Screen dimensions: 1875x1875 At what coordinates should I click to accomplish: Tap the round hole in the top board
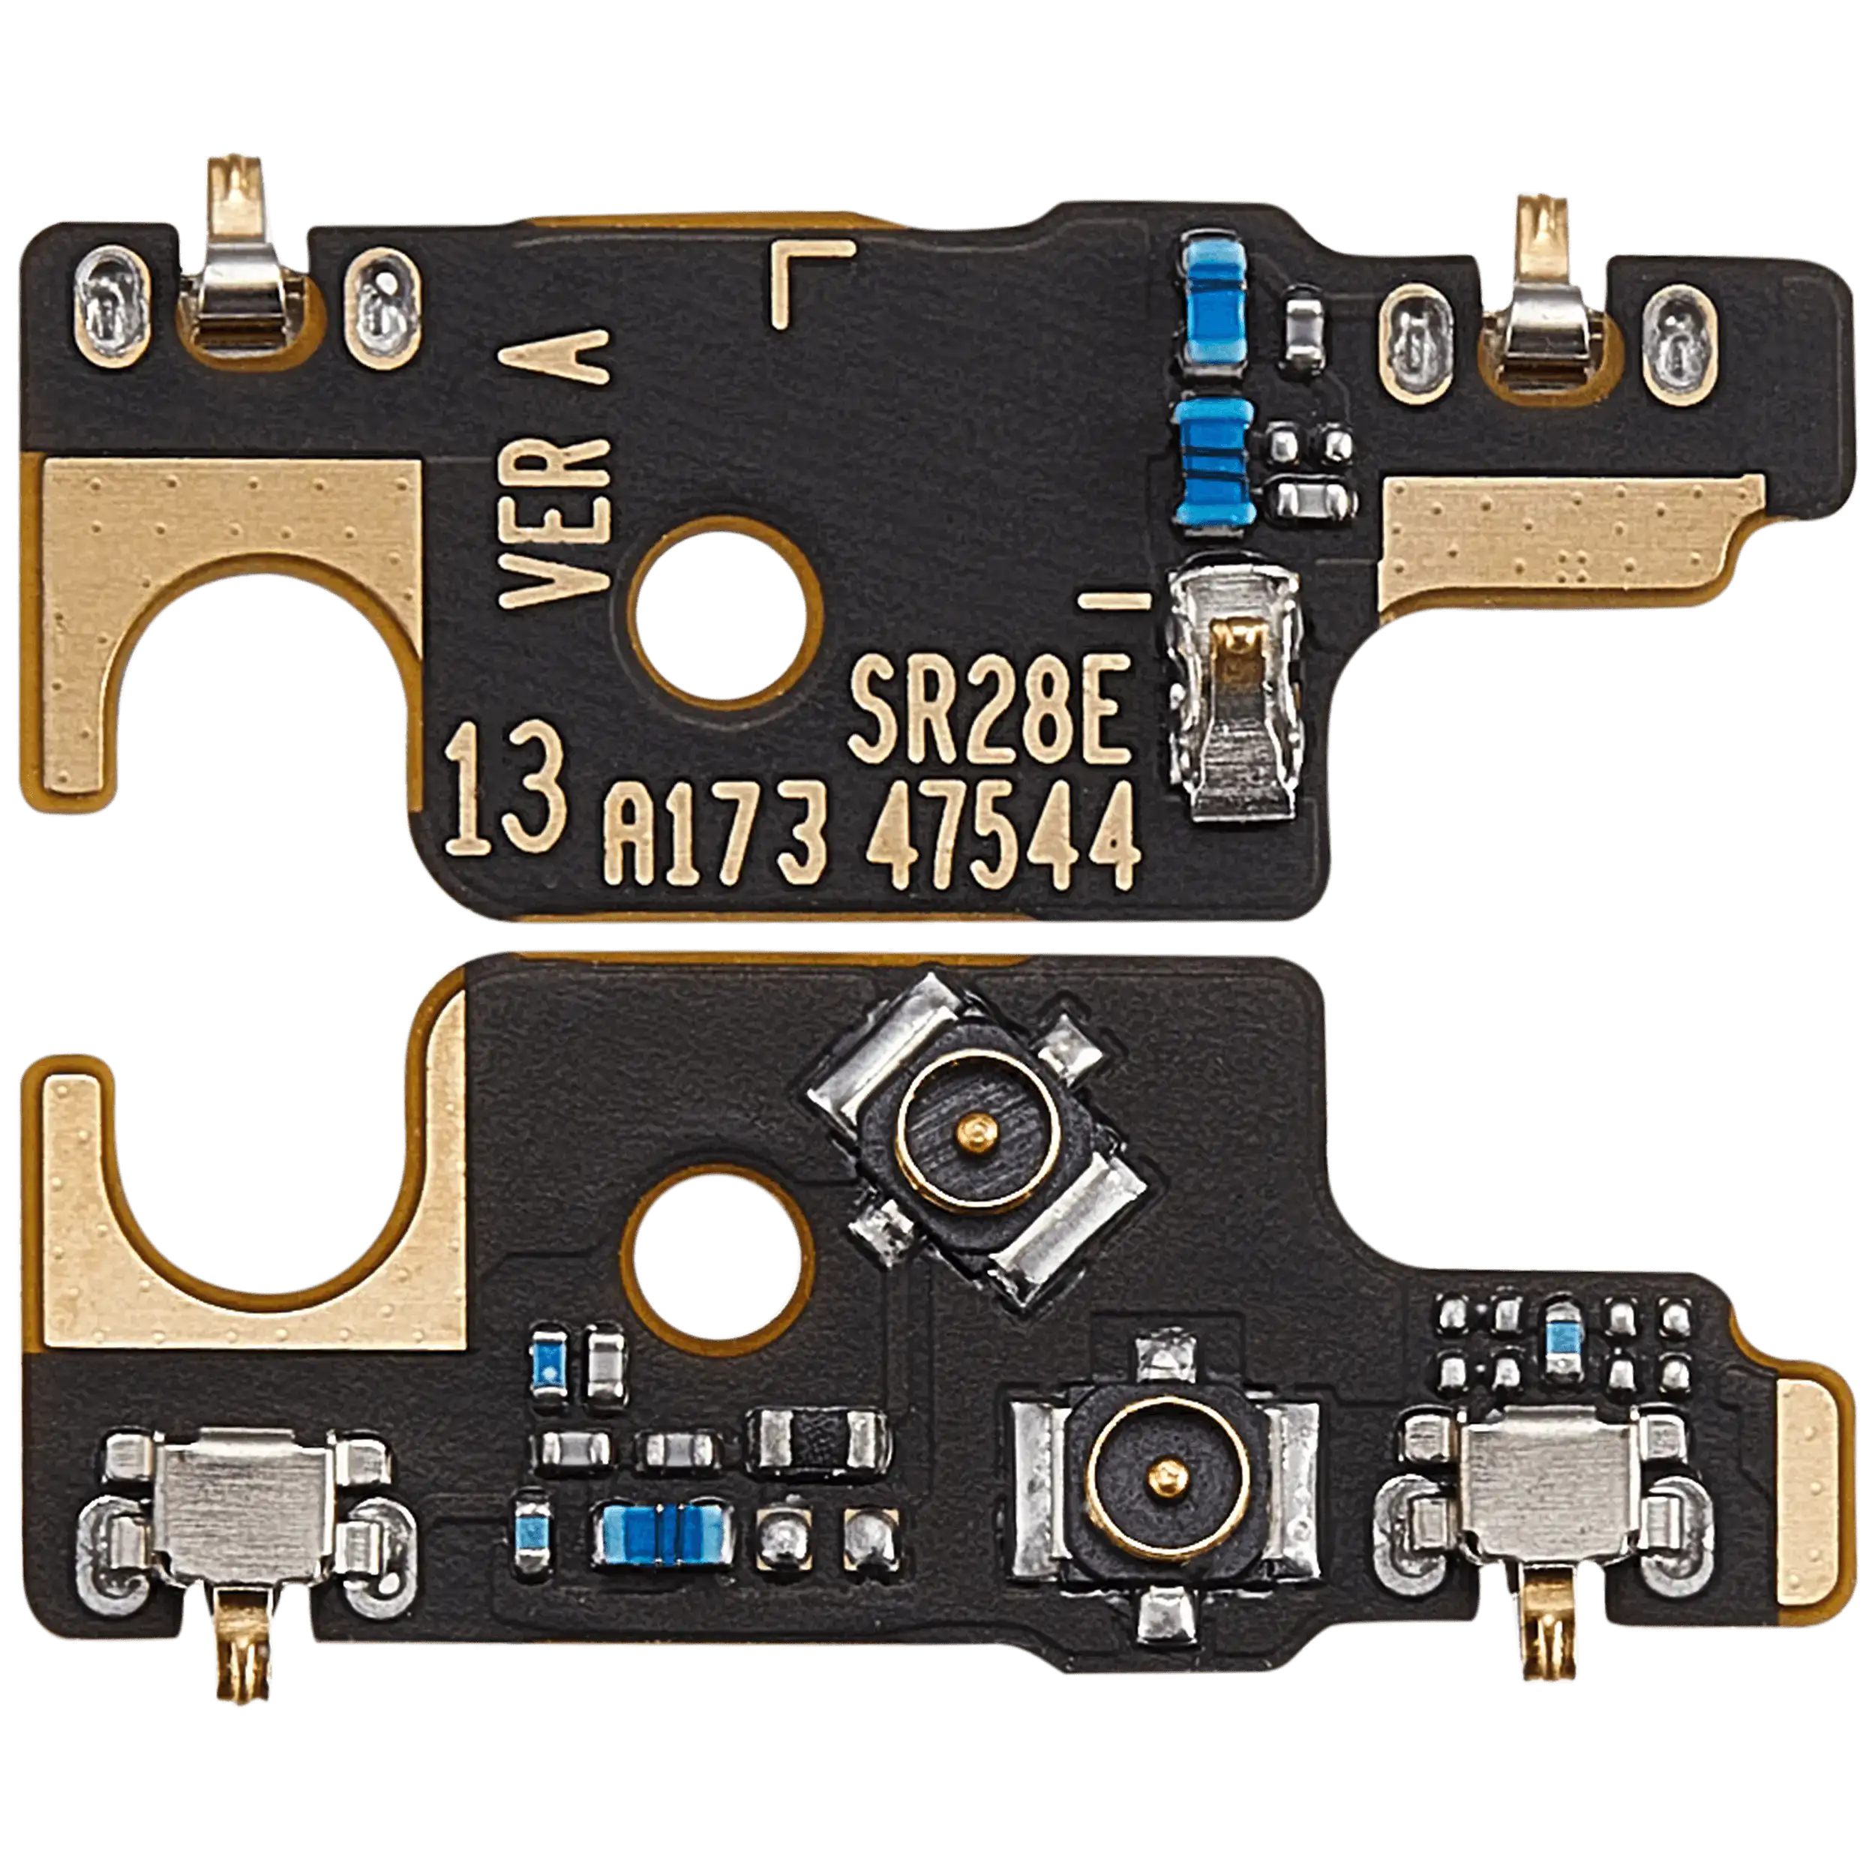click(723, 611)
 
